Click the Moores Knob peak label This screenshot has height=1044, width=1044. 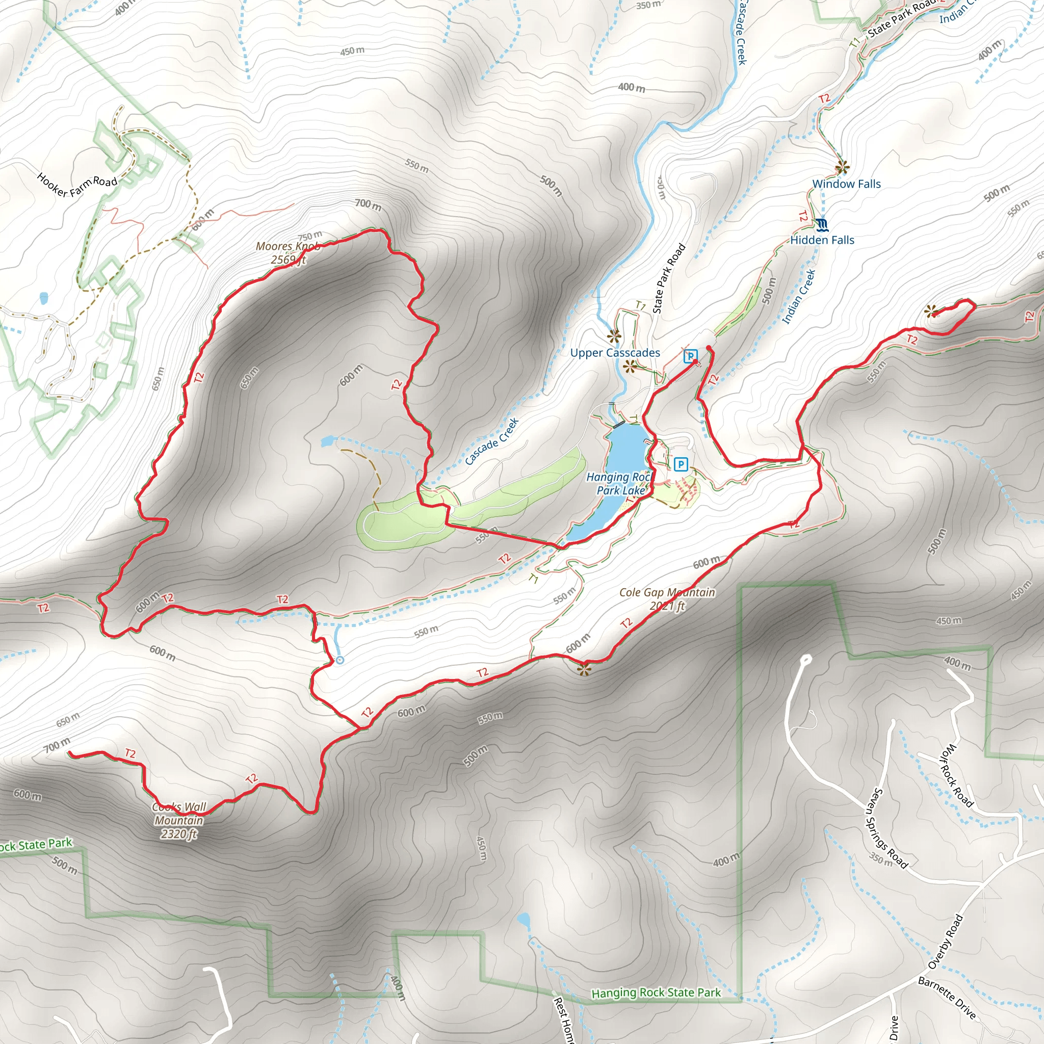tap(288, 253)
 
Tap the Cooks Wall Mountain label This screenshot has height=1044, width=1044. tap(179, 820)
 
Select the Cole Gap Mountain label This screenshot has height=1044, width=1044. tap(667, 599)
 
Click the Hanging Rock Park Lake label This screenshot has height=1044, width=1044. tap(620, 484)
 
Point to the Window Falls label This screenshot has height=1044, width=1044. tap(846, 184)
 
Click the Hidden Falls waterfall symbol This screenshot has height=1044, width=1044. tap(822, 224)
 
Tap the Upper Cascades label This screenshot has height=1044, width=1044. tap(615, 353)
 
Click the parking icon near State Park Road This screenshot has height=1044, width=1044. tap(690, 356)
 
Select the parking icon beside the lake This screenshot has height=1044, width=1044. tap(681, 464)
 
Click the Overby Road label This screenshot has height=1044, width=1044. tap(945, 942)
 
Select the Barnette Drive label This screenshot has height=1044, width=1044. tap(947, 998)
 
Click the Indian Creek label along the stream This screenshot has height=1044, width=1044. tap(799, 297)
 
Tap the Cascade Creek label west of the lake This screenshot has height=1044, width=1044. tap(492, 441)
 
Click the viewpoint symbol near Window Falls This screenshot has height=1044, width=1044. tap(841, 168)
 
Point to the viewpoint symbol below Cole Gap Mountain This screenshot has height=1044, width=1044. tap(584, 670)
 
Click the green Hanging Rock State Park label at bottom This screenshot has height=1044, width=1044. tap(656, 993)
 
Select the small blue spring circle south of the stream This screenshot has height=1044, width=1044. tap(340, 660)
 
